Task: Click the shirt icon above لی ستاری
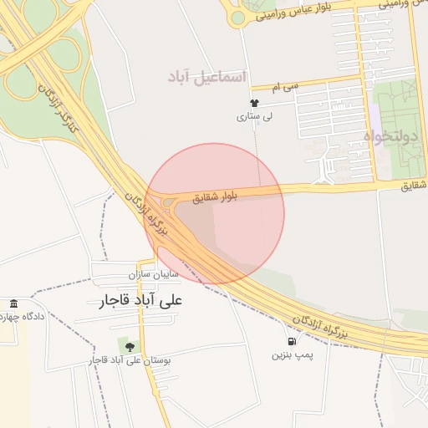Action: (x=242, y=102)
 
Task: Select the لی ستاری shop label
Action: (x=251, y=117)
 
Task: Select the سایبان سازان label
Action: (x=155, y=274)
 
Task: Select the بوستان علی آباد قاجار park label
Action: (x=130, y=360)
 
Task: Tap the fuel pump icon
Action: (x=291, y=341)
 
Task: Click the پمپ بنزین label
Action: (x=291, y=355)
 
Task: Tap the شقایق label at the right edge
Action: (x=414, y=185)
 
